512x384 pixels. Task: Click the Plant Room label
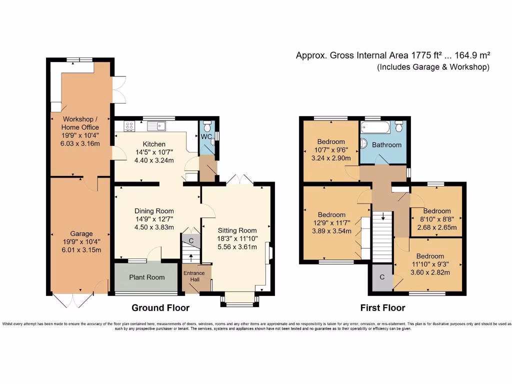click(146, 277)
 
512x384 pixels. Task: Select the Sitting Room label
click(237, 230)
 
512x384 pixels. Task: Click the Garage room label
click(81, 233)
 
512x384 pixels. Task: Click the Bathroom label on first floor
click(386, 145)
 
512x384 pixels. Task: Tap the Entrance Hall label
click(193, 276)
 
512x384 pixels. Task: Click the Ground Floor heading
click(160, 307)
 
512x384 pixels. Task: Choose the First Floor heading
click(382, 307)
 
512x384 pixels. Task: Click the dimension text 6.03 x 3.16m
click(80, 143)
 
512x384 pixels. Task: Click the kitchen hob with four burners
click(129, 126)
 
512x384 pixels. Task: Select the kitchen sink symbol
click(160, 125)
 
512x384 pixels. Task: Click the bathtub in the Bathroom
click(375, 127)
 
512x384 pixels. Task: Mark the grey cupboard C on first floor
click(382, 277)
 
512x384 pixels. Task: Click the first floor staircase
click(383, 235)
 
